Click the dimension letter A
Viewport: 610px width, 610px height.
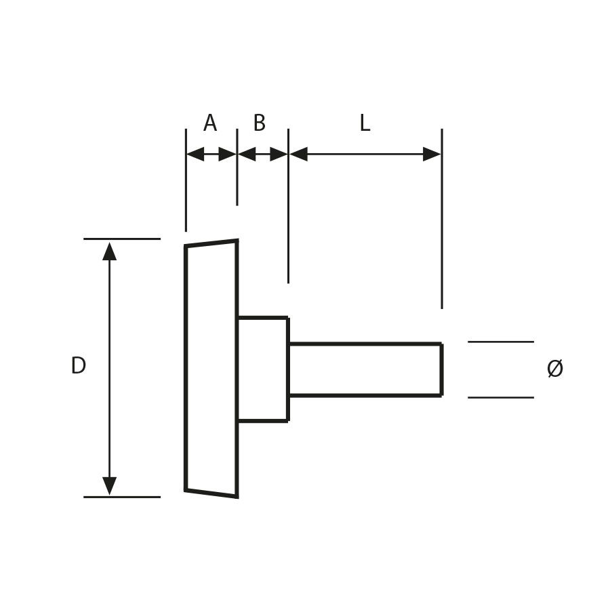[210, 123]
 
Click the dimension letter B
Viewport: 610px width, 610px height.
[260, 123]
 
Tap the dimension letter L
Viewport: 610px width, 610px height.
[365, 123]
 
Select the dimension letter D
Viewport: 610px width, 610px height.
[78, 365]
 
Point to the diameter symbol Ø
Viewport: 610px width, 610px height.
[554, 368]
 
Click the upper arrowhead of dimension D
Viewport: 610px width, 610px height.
[109, 251]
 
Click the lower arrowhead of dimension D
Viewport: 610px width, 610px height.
[109, 486]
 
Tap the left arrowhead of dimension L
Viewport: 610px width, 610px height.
[298, 154]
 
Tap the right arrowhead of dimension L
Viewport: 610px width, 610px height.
[432, 154]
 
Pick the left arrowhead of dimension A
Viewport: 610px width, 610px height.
[196, 154]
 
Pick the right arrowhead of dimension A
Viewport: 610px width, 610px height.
[228, 154]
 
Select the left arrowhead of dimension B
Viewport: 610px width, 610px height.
[247, 154]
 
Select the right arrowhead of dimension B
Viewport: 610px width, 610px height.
[279, 154]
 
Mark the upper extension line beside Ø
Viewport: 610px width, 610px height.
[501, 342]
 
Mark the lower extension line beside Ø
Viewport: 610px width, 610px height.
[501, 398]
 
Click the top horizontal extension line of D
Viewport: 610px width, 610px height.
[122, 239]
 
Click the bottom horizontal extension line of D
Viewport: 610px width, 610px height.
[122, 497]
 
